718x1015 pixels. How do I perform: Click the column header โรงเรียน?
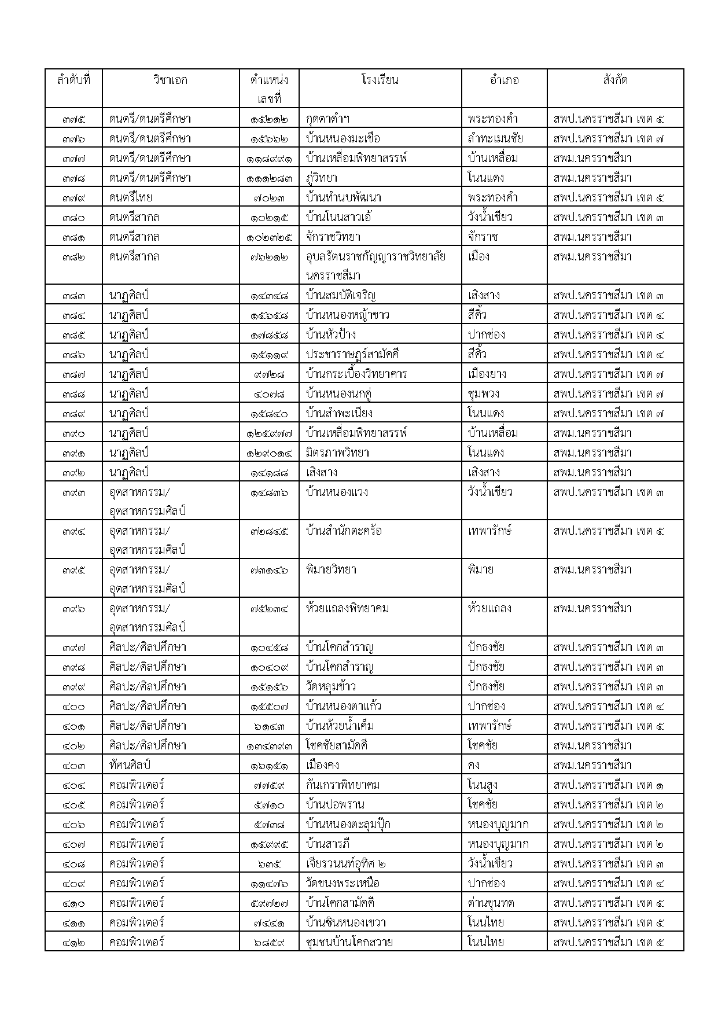[x=380, y=80]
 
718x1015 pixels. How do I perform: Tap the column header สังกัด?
[x=615, y=80]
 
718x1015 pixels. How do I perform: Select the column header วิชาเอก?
[x=171, y=80]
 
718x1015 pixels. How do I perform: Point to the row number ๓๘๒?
[x=73, y=256]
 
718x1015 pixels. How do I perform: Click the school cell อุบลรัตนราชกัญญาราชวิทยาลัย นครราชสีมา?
[x=375, y=266]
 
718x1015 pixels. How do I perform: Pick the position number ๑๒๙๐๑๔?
[x=269, y=453]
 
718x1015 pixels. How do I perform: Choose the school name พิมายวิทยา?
[x=331, y=569]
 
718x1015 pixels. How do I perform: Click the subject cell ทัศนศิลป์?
[x=130, y=765]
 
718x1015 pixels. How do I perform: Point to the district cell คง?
[x=474, y=765]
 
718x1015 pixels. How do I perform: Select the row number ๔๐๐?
[x=73, y=706]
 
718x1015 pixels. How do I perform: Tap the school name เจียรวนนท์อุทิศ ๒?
[x=346, y=863]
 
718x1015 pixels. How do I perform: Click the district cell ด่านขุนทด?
[x=491, y=903]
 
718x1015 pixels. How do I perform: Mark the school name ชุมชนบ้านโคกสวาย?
[x=349, y=942]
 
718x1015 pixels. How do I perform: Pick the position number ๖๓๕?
[x=269, y=863]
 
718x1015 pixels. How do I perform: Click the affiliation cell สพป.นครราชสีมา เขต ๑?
[x=609, y=785]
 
